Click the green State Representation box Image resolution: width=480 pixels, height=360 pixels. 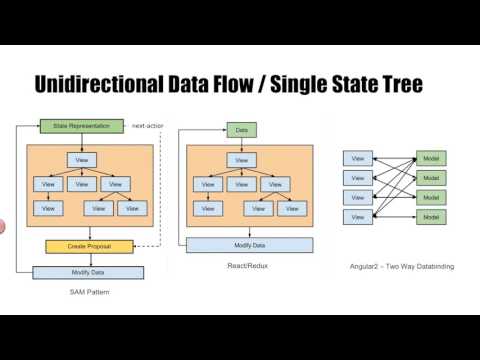82,126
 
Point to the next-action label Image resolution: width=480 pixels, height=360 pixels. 147,126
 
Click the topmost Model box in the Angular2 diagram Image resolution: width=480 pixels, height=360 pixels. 431,158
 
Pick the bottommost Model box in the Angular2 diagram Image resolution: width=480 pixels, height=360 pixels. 431,217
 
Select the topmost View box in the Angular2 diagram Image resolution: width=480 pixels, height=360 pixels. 356,158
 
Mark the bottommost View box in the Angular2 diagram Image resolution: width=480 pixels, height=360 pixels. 356,217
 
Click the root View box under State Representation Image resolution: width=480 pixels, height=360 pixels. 82,160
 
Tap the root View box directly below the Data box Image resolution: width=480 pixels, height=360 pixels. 240,160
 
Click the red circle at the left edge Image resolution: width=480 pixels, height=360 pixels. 2,227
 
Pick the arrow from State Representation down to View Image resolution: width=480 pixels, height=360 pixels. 82,142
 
